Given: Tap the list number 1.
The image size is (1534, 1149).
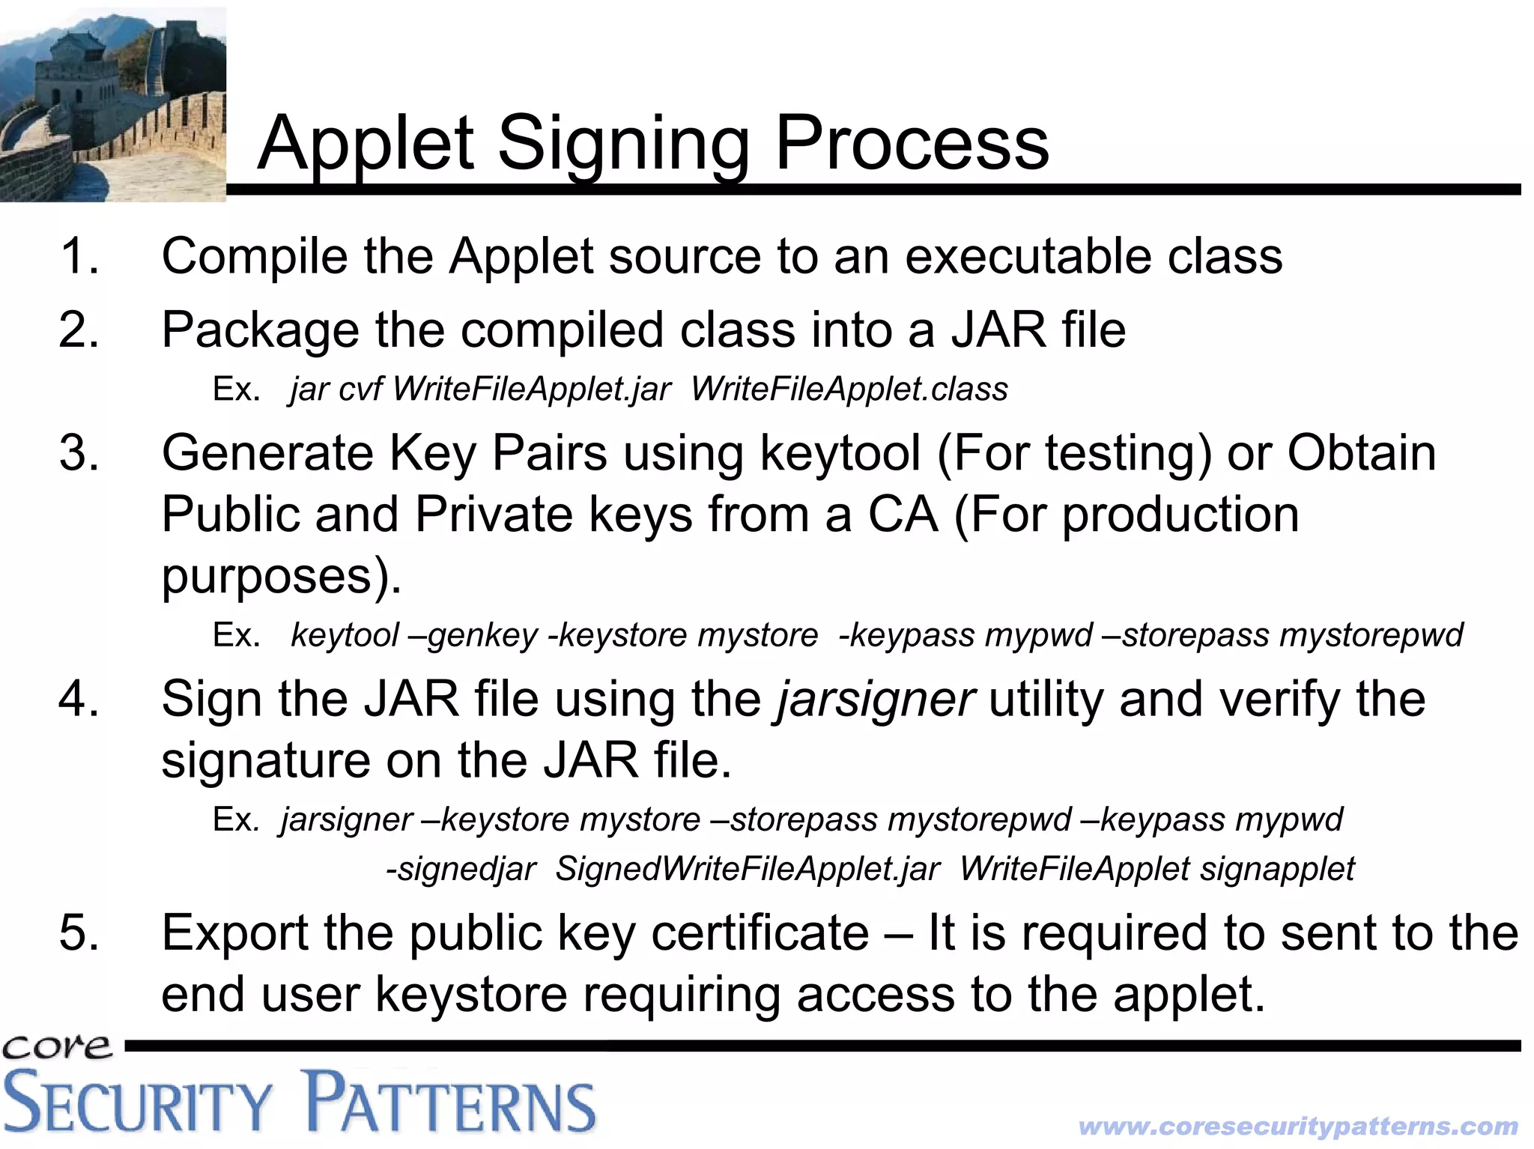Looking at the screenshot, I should [x=79, y=256].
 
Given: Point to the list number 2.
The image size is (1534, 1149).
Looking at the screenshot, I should [x=79, y=330].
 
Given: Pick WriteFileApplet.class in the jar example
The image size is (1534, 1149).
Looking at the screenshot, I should [x=849, y=389].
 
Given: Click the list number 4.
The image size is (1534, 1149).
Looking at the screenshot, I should [x=79, y=699].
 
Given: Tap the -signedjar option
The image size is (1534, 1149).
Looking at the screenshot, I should [x=461, y=869].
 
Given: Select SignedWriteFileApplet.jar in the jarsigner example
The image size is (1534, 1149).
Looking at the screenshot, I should [x=747, y=869].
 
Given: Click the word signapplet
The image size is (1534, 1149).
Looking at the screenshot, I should [x=1278, y=869].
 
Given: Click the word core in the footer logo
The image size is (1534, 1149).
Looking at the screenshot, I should [x=56, y=1047].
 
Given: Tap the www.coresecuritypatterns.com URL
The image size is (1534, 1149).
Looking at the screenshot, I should [x=1298, y=1127].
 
